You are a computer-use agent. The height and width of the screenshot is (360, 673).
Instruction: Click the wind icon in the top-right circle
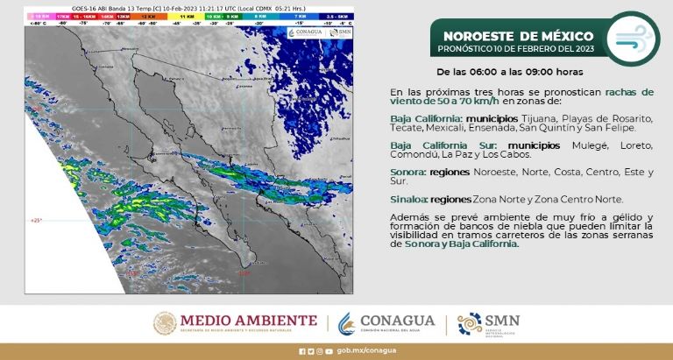(634, 40)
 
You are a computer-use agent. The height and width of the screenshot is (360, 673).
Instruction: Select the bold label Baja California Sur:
(429, 142)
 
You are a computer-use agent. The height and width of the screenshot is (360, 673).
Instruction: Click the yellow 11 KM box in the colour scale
(186, 17)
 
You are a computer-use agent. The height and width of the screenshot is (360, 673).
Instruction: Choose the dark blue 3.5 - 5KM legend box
(335, 17)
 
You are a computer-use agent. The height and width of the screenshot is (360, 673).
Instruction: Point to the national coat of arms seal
(166, 323)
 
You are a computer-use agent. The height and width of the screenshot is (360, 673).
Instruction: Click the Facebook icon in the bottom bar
(301, 351)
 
